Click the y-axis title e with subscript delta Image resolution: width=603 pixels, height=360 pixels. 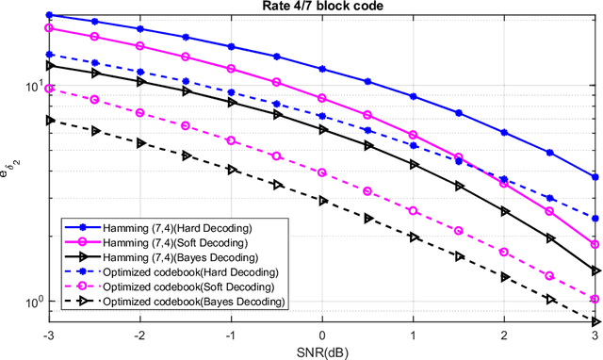coord(12,168)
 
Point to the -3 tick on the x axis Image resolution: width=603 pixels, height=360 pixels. coord(49,335)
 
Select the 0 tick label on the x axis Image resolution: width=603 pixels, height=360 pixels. coord(322,335)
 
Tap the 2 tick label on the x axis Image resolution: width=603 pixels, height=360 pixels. coord(505,335)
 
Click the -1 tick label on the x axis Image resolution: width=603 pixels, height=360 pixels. coord(231,335)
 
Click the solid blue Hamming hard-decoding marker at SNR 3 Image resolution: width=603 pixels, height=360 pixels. coord(595,176)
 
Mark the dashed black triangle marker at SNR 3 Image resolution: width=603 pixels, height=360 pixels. coord(595,320)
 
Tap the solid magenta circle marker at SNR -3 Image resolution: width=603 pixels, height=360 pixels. coord(49,28)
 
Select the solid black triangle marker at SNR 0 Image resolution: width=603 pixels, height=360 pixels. coord(322,130)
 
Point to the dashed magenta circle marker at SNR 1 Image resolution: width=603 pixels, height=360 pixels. coord(414,210)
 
